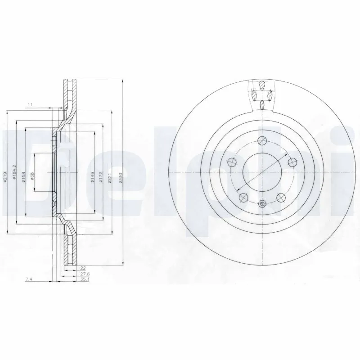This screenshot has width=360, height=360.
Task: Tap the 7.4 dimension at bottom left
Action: tap(28, 279)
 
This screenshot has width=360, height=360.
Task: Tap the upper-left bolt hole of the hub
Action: tap(232, 162)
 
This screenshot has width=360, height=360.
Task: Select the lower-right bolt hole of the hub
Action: tap(280, 197)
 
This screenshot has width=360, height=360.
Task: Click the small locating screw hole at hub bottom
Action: tap(262, 204)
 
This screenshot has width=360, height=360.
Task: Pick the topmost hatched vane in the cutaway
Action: tap(262, 85)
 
